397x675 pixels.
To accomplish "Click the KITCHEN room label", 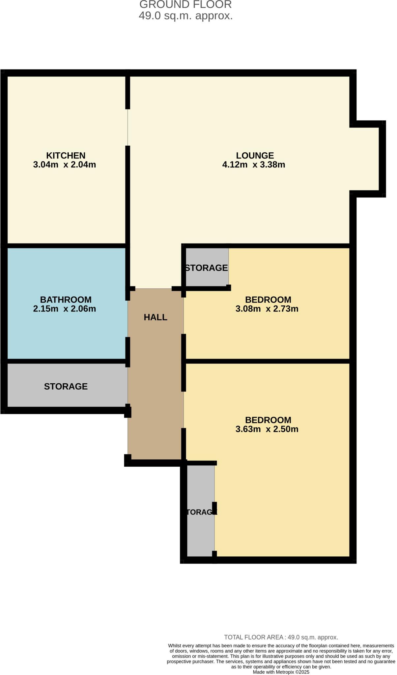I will [x=66, y=155].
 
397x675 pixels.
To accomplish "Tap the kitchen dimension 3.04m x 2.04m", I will [x=65, y=164].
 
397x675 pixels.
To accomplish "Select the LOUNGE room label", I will [x=255, y=155].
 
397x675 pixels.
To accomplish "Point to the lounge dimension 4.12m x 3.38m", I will [x=254, y=164].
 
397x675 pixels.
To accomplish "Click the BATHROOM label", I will [x=66, y=300].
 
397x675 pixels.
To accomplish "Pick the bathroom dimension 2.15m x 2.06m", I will [x=65, y=309].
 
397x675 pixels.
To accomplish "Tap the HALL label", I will [x=156, y=317].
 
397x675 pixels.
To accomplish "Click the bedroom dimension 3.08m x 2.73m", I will [x=267, y=309].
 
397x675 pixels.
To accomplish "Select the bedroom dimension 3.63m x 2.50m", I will [x=267, y=429].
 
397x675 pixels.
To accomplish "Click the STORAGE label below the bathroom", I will [x=66, y=386].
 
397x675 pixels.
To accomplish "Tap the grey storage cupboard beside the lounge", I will [x=207, y=268].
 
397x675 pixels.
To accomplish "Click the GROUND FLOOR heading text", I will [x=185, y=5].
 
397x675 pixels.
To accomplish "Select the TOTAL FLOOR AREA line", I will [x=281, y=637].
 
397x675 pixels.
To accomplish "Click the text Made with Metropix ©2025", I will [x=281, y=672].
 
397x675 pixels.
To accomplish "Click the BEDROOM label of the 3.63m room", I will [x=268, y=420].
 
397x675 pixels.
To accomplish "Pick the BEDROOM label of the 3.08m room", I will [x=268, y=300].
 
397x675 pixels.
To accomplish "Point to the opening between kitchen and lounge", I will [x=128, y=127].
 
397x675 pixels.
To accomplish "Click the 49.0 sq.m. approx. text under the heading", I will [x=185, y=16].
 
